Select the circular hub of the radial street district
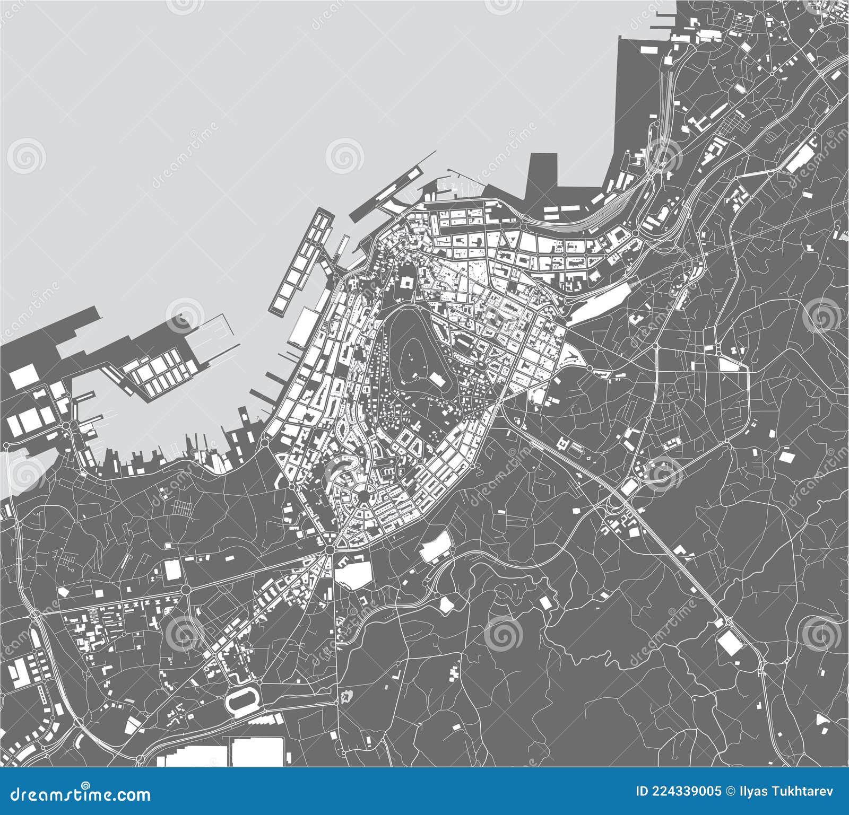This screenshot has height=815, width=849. (x=363, y=495)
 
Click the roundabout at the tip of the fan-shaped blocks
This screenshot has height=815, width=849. (x=330, y=551)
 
